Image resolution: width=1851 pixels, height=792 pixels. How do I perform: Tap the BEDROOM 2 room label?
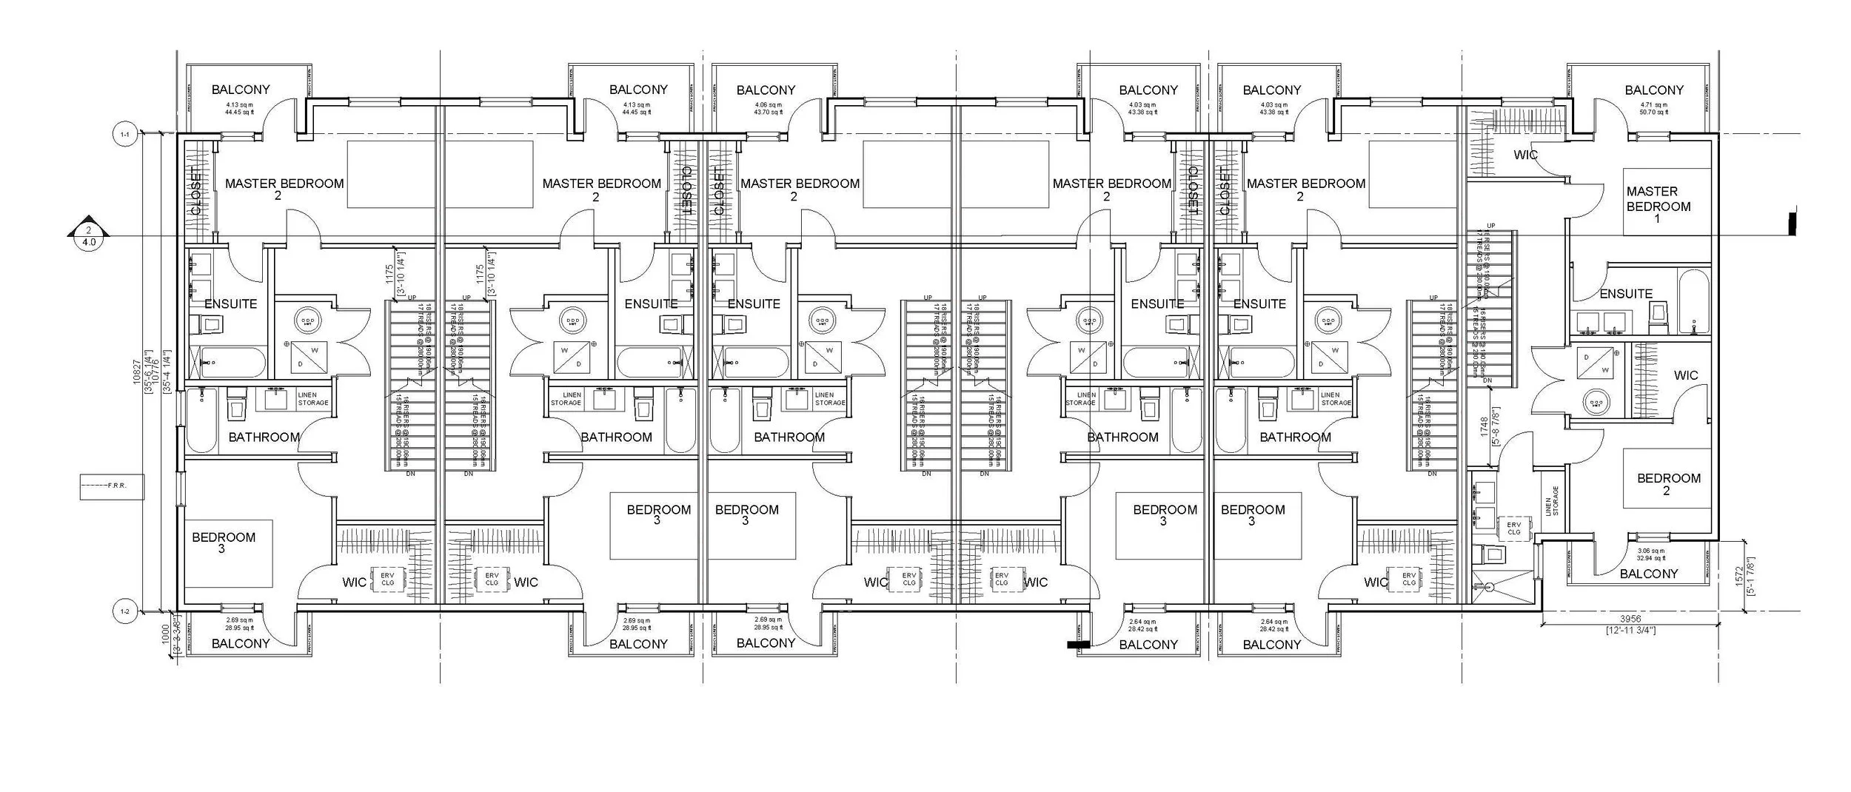click(1668, 484)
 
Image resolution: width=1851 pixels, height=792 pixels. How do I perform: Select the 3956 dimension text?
click(1630, 619)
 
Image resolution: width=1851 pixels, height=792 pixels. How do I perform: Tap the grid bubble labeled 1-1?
click(124, 135)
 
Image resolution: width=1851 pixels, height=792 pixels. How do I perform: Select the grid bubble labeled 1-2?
click(124, 611)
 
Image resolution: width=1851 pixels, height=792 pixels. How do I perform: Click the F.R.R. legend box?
click(112, 486)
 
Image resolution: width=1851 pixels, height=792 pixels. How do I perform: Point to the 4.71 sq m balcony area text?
click(1654, 109)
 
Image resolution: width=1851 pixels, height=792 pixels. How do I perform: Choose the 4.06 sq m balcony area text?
click(766, 109)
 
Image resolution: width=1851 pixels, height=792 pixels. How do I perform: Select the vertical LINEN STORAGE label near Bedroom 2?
click(1552, 501)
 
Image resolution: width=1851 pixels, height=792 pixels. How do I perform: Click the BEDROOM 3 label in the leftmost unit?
click(223, 543)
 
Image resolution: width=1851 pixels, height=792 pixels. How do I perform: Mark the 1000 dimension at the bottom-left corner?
click(167, 635)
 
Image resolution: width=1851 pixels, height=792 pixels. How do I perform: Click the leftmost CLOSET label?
click(196, 190)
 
